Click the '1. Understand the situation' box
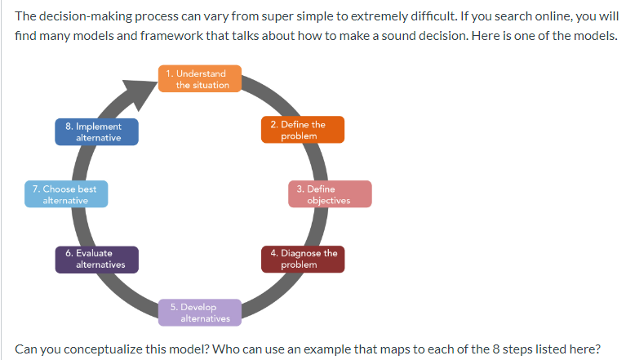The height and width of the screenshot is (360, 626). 200,79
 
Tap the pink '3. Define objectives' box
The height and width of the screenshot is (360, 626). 330,194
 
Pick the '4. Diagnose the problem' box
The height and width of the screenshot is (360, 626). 302,259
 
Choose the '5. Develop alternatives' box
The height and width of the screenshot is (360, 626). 200,312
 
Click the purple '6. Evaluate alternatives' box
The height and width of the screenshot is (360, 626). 96,259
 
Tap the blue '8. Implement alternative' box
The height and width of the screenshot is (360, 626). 96,131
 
